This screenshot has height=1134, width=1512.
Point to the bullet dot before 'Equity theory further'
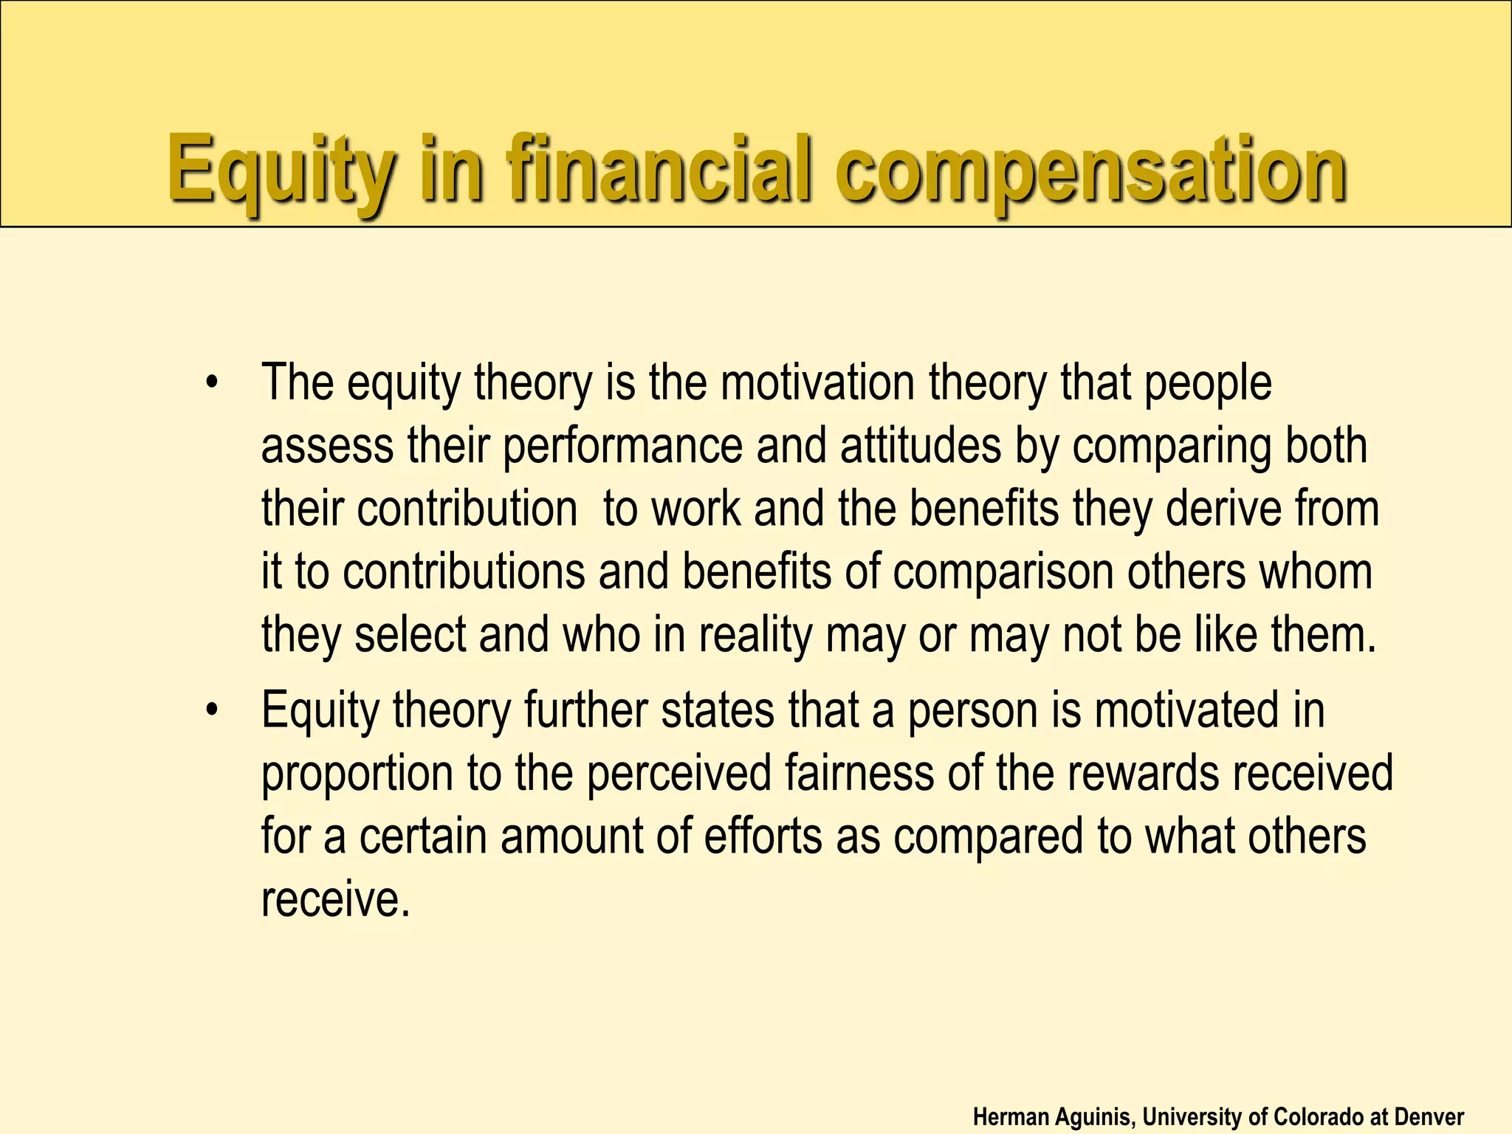(213, 710)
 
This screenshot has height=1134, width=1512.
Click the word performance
(622, 446)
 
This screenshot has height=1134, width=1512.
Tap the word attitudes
(921, 446)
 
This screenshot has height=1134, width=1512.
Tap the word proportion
(357, 774)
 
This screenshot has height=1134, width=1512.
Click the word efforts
(763, 836)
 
